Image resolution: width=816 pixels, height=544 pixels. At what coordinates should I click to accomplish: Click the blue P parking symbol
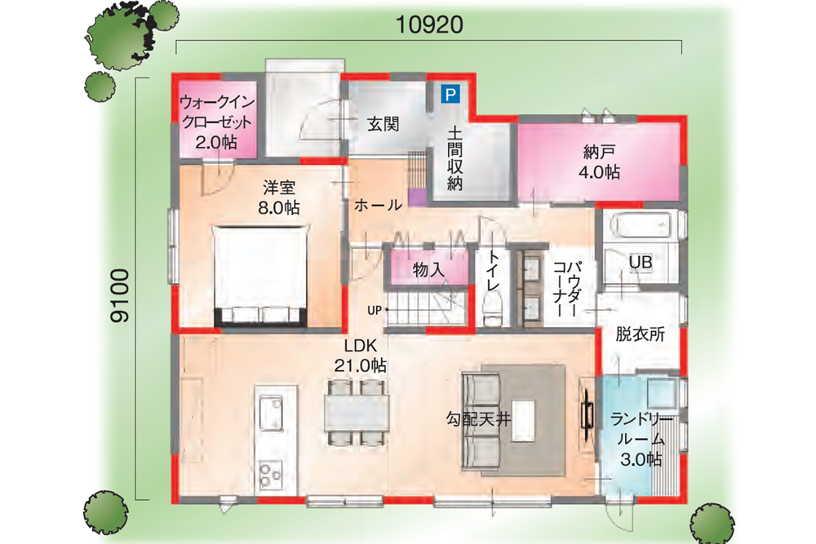coord(450,94)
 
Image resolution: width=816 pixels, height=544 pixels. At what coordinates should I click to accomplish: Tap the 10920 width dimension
coord(429,24)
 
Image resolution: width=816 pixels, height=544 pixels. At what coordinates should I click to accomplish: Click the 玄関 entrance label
coord(383,124)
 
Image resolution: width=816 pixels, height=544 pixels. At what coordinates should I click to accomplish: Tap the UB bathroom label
coord(640,262)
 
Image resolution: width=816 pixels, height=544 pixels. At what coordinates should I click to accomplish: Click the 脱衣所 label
coord(640,334)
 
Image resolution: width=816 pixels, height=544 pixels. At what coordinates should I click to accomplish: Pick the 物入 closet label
coord(429,269)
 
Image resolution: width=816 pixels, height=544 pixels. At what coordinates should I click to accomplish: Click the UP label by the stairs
coord(375,310)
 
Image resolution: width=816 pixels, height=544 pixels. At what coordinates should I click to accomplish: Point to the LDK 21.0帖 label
coord(360,356)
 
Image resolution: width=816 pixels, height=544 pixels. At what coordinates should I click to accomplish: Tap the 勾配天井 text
coord(478,418)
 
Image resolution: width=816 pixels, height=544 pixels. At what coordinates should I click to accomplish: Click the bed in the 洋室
coord(261,276)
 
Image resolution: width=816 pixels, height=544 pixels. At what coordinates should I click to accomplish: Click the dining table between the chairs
coord(357,413)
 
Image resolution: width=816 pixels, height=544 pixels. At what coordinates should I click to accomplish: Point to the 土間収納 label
coord(454,157)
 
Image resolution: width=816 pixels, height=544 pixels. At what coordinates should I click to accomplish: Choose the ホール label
coord(379,205)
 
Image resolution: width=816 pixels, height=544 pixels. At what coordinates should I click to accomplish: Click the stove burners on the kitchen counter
coord(270,474)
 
